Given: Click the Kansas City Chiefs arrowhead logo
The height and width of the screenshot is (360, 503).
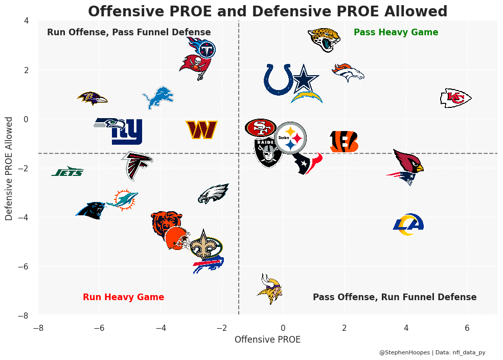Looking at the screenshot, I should coord(455,98).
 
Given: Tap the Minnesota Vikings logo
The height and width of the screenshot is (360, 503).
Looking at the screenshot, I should coord(269,289).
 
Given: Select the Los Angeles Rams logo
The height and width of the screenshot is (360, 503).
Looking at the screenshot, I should coord(408,225).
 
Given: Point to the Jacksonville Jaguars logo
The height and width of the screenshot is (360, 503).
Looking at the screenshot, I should coord(325,39).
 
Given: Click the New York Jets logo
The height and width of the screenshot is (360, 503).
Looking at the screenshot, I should coord(67,172).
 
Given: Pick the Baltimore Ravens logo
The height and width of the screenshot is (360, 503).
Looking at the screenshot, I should coord(93,98).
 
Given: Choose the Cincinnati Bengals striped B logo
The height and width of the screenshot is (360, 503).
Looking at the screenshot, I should coord(344,142).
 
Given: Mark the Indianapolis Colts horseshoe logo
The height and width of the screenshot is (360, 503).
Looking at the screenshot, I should coord(278,79).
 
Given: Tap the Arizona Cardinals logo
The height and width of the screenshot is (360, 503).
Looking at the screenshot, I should coord(408,161).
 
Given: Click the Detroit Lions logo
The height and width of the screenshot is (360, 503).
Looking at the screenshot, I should coord(158,98).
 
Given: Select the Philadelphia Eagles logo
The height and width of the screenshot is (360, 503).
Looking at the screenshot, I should coord(213,194).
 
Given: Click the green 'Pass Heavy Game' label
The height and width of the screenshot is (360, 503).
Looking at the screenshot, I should coord(396,32).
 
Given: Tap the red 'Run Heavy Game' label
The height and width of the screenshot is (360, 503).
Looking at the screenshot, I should coord(123,297).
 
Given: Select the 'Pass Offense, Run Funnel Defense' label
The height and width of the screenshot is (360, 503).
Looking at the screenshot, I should coord(394,297).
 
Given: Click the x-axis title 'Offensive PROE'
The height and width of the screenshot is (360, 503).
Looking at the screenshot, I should coord(267,340).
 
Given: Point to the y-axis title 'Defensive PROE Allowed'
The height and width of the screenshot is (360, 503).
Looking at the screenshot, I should coord(9,168).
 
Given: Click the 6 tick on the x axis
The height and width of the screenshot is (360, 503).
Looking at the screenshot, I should coord(467,328).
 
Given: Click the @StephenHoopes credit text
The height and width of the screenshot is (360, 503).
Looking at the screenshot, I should coord(432,352).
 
